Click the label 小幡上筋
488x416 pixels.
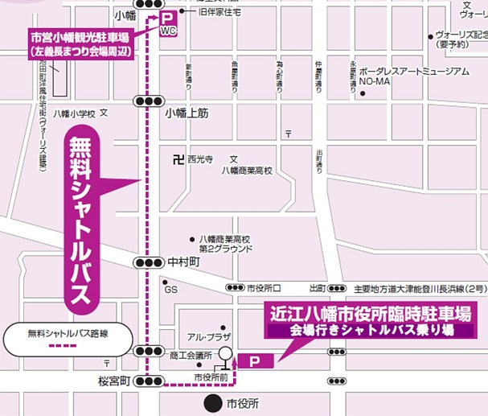coord(187,113)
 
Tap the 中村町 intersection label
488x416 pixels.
coord(182,262)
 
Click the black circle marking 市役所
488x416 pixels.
coord(211,402)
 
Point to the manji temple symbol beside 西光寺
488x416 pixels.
coord(177,159)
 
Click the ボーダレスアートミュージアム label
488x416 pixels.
coord(414,72)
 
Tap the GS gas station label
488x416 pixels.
coord(170,290)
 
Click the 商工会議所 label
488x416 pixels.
coord(191,355)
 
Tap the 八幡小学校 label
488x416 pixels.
coord(75,113)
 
